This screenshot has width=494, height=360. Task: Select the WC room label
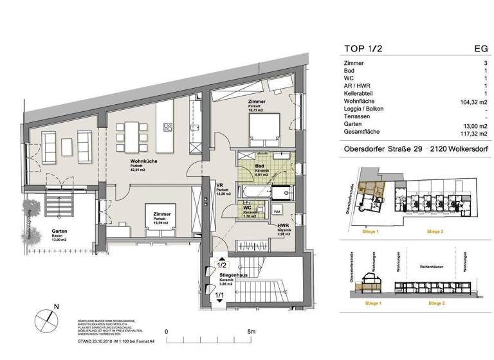pyautogui.click(x=248, y=209)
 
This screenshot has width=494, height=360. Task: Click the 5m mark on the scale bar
pyautogui.click(x=252, y=332)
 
